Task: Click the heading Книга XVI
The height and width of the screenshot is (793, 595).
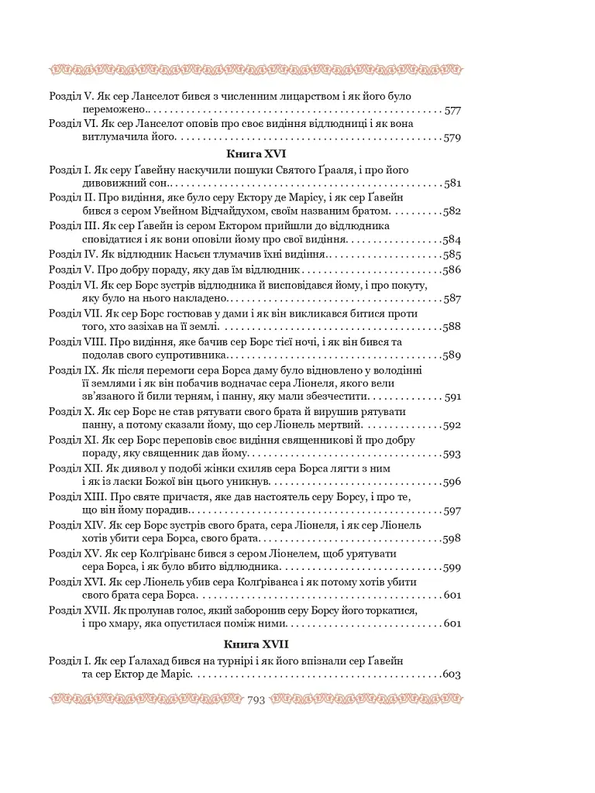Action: (x=255, y=154)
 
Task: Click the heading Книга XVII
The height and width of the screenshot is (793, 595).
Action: (x=256, y=644)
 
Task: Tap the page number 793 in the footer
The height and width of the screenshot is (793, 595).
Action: (x=256, y=701)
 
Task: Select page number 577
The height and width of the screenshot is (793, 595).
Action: (x=453, y=111)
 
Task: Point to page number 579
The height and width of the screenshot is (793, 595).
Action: (x=453, y=139)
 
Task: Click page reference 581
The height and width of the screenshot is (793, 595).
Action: (x=453, y=184)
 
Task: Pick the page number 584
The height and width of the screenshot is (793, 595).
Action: (x=452, y=240)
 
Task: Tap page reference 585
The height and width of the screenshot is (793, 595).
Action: (x=452, y=255)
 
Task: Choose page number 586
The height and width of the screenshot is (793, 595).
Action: (x=452, y=270)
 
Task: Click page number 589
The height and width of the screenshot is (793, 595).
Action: (x=452, y=356)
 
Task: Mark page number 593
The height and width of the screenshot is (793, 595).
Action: (x=452, y=455)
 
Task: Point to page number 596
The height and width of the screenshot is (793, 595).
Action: (x=452, y=482)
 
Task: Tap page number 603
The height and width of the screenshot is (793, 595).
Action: (x=452, y=675)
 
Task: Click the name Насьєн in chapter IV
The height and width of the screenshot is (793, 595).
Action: (x=186, y=255)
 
